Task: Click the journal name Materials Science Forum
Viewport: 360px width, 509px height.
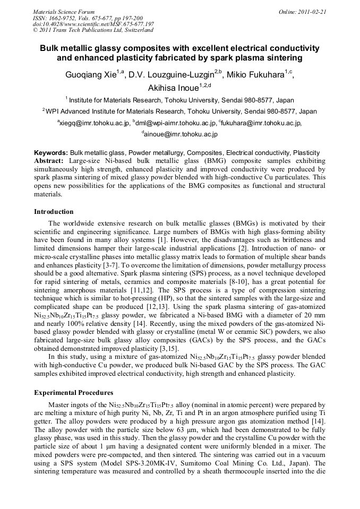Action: (64, 12)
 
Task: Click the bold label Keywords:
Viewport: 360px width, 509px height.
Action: (51, 152)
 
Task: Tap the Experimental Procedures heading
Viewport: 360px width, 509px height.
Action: (73, 393)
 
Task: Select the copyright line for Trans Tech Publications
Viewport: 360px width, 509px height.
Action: (93, 31)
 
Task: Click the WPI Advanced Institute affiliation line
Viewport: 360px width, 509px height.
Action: (181, 111)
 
